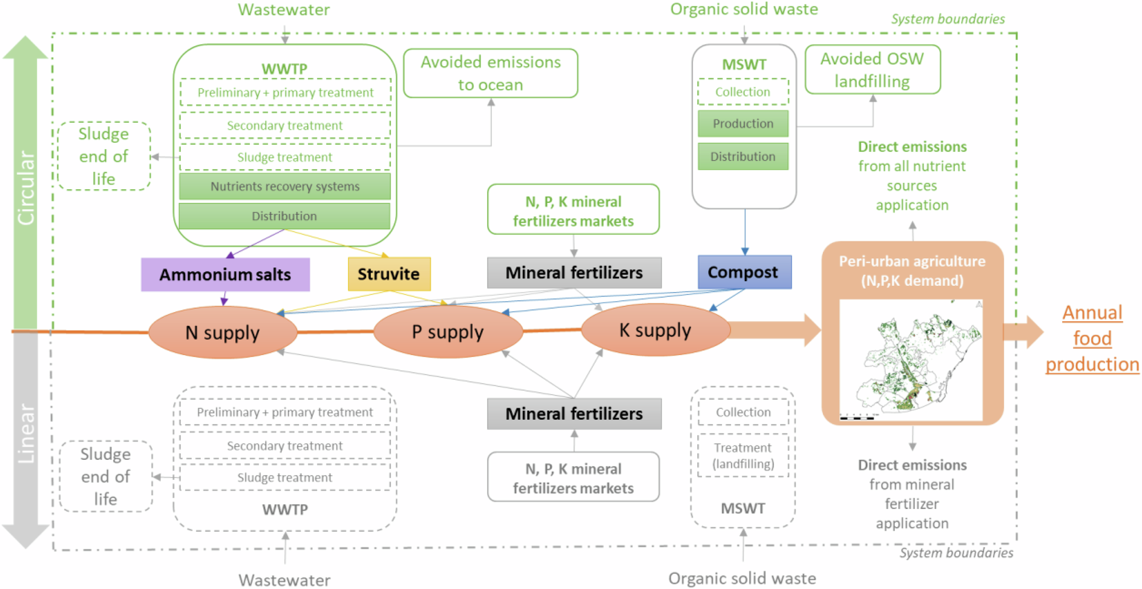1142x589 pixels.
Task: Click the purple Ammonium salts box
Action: pyautogui.click(x=225, y=275)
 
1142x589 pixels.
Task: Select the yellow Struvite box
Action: pyautogui.click(x=389, y=274)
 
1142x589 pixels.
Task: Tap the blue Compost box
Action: pyautogui.click(x=744, y=272)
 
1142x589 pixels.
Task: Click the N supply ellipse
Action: pyautogui.click(x=223, y=332)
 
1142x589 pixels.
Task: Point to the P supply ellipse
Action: pyautogui.click(x=448, y=332)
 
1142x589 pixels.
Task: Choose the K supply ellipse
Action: pyautogui.click(x=655, y=330)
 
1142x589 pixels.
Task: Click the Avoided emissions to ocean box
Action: pyautogui.click(x=490, y=73)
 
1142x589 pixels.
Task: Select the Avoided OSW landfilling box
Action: pyautogui.click(x=872, y=70)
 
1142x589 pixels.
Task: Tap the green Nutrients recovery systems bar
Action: pyautogui.click(x=284, y=186)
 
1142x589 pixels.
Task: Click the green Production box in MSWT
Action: pyautogui.click(x=743, y=123)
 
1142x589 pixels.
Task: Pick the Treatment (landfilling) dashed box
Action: pyautogui.click(x=743, y=456)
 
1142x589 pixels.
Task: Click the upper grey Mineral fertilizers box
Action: pyautogui.click(x=574, y=273)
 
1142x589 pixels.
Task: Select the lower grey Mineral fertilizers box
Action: pyautogui.click(x=574, y=414)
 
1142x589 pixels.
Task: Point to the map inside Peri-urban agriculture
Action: pyautogui.click(x=911, y=360)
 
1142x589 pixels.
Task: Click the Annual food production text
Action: pyautogui.click(x=1092, y=338)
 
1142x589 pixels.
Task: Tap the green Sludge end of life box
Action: pyautogui.click(x=104, y=156)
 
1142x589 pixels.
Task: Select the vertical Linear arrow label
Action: pyautogui.click(x=26, y=434)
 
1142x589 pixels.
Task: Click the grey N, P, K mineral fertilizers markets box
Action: pyautogui.click(x=573, y=478)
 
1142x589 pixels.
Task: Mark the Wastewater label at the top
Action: pyautogui.click(x=284, y=10)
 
